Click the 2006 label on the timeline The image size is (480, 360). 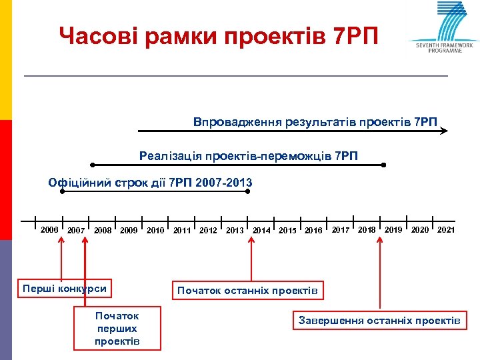pos(49,230)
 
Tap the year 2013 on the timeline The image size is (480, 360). pos(235,231)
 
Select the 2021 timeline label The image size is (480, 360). pos(446,230)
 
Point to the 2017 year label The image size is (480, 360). pos(341,230)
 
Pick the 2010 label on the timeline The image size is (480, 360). pos(155,231)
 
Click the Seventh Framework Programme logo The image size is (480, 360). pos(444,27)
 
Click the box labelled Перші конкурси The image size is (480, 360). pos(64,289)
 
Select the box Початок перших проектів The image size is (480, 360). pos(117,328)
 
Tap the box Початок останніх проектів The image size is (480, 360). pos(248,291)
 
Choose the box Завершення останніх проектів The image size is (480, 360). pos(379,321)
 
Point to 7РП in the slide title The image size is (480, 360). pos(354,36)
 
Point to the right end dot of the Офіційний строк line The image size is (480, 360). pos(248,191)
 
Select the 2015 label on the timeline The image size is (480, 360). pos(287,231)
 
